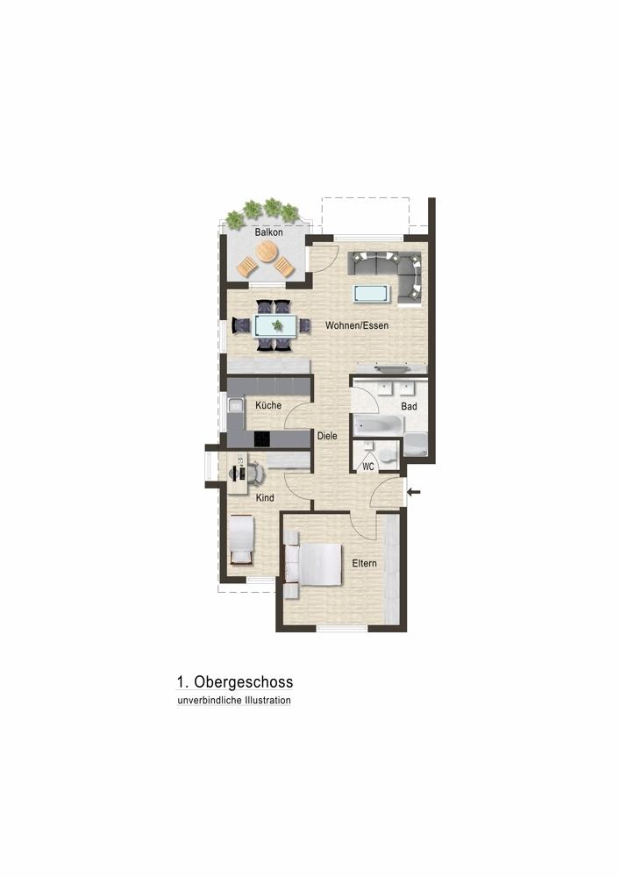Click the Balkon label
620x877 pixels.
[269, 232]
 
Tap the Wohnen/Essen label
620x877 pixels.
[357, 325]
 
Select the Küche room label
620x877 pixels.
[268, 405]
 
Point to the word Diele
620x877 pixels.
[327, 435]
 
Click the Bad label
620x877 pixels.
[409, 406]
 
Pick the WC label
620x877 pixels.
[367, 466]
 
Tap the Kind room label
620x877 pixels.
[265, 497]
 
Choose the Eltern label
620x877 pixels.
[365, 563]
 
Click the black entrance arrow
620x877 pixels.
[414, 492]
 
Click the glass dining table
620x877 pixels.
[276, 325]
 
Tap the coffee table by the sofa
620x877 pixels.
[371, 293]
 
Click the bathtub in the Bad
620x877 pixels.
[377, 424]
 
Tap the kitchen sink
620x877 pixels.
[235, 405]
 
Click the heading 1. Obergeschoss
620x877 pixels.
[235, 681]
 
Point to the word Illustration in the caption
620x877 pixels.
[267, 700]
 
